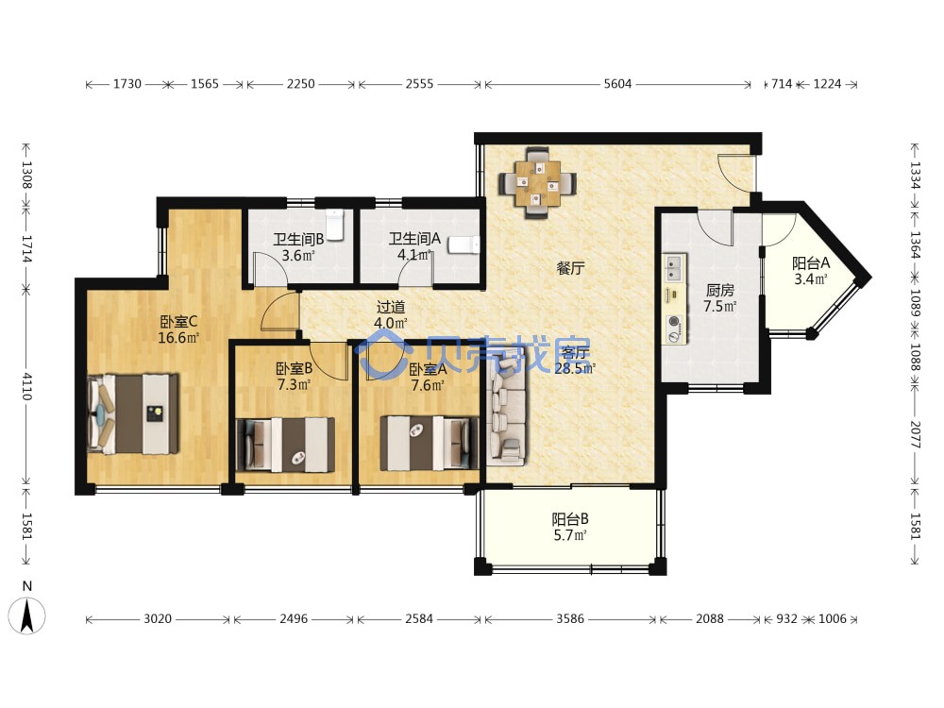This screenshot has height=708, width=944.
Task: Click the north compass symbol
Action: [26, 615]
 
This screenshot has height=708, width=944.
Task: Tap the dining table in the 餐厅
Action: [537, 183]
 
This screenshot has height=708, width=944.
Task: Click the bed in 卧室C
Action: [134, 413]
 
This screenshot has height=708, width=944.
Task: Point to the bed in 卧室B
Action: [285, 445]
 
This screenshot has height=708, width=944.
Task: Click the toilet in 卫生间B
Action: [335, 224]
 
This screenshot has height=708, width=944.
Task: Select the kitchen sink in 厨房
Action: [674, 268]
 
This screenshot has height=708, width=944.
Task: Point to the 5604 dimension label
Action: [617, 84]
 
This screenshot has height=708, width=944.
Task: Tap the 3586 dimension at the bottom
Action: [570, 619]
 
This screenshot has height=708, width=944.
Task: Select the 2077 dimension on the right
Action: [915, 434]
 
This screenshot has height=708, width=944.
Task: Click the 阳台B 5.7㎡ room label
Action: [570, 527]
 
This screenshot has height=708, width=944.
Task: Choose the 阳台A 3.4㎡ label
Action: [810, 271]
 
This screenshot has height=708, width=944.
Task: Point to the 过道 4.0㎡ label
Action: [391, 315]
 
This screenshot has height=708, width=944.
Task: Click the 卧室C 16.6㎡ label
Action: [178, 329]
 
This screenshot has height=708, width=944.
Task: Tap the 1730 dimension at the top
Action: [127, 84]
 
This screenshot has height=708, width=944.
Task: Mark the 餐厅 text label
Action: [570, 268]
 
